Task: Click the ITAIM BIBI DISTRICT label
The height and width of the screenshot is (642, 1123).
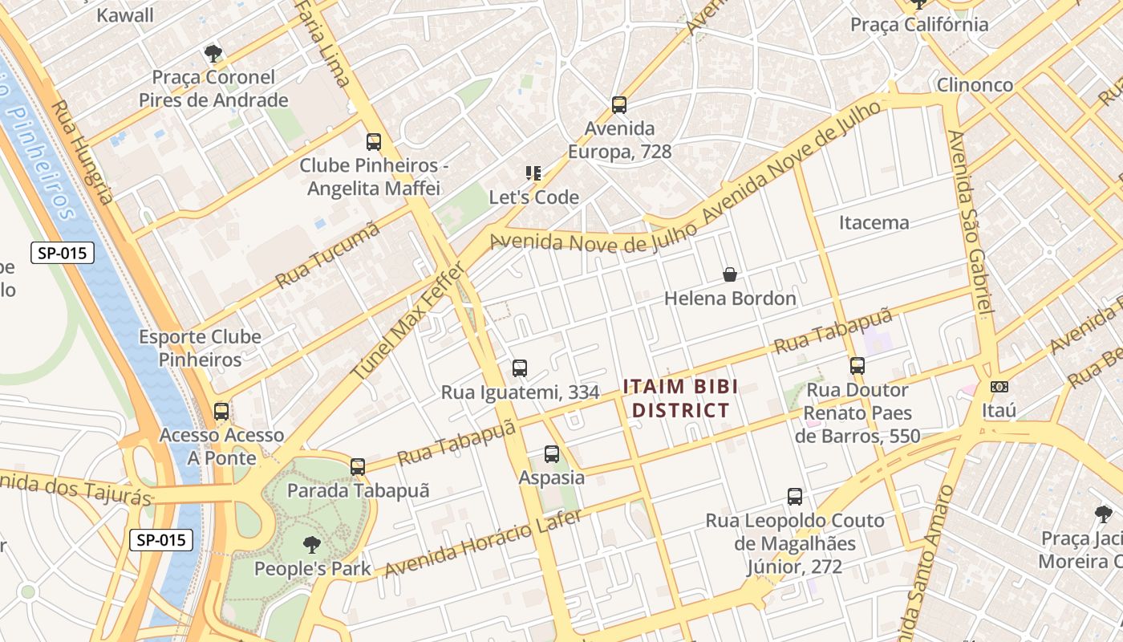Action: [680, 399]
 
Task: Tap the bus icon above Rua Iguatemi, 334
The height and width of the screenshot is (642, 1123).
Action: [520, 368]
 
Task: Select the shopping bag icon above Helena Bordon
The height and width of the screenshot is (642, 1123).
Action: [730, 274]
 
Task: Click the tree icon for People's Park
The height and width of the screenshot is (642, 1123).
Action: [312, 546]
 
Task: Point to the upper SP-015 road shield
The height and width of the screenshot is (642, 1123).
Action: [63, 254]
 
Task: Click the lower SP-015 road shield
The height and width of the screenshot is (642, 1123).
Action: [161, 540]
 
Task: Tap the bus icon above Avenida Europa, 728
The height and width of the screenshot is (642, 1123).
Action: [618, 104]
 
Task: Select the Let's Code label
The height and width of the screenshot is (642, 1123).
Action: [534, 197]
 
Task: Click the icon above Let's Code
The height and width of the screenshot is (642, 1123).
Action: [533, 173]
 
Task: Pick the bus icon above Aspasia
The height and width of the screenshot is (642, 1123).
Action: [552, 454]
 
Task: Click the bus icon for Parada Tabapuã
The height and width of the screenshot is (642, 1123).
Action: [358, 466]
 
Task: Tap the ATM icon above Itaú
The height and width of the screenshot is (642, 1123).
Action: [999, 387]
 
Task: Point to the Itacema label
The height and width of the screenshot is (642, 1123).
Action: [874, 222]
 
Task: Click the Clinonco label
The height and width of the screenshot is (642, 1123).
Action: [975, 85]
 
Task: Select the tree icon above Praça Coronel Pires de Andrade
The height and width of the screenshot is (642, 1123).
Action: [213, 54]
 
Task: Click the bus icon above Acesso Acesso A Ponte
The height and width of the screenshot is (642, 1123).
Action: [221, 412]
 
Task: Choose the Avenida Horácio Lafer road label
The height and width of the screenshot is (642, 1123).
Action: [483, 543]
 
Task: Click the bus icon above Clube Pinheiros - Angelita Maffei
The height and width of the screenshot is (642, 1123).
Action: [374, 142]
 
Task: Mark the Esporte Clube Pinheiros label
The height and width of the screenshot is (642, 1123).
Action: [200, 347]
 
